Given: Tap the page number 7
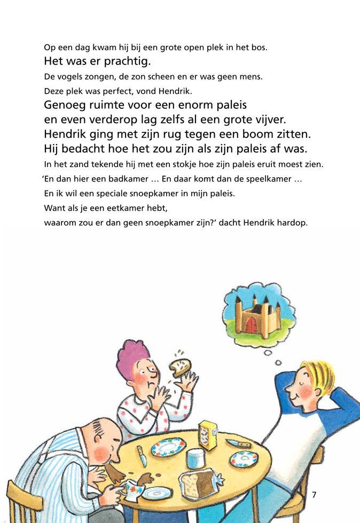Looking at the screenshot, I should [x=314, y=495].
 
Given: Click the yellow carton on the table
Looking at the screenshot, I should [x=207, y=435].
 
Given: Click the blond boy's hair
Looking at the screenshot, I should [x=318, y=376].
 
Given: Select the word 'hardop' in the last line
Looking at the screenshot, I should [x=293, y=223].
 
